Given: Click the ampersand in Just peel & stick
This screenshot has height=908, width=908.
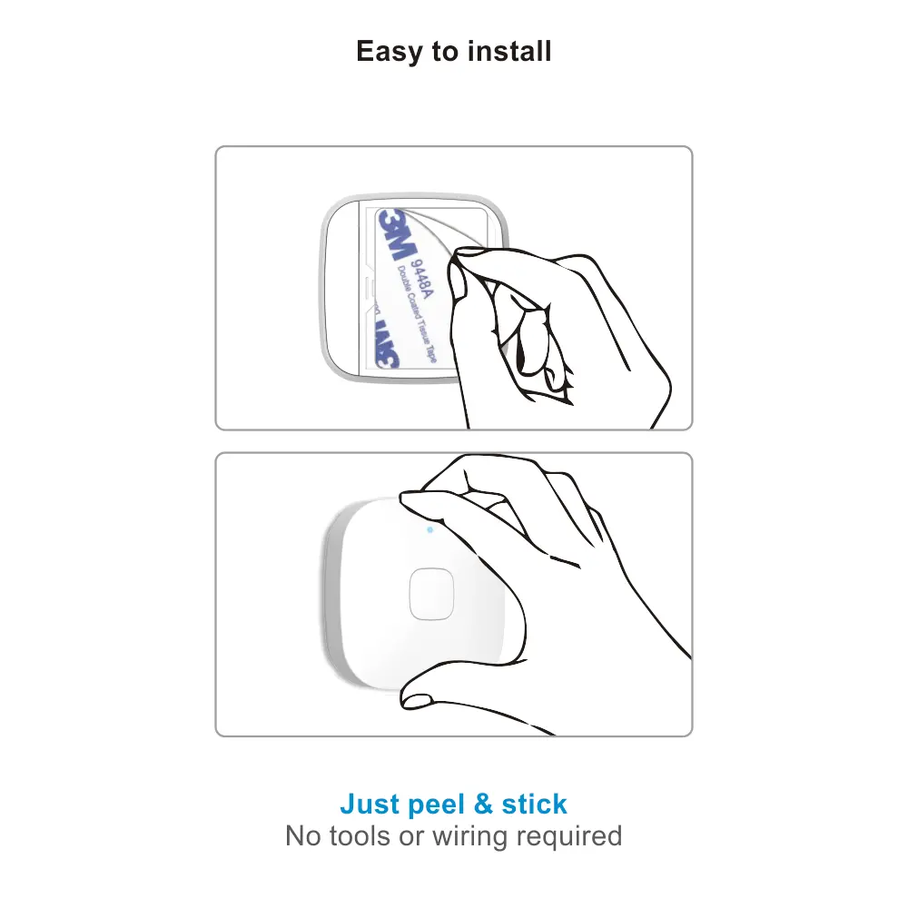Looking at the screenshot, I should point(484,804).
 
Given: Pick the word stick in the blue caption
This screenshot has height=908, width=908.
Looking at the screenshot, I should point(534,804).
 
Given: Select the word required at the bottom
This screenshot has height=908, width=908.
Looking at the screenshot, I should point(568,835).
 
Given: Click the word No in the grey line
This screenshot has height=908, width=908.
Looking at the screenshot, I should point(301,835).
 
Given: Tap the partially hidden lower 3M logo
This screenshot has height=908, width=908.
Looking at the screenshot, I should point(388,344).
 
